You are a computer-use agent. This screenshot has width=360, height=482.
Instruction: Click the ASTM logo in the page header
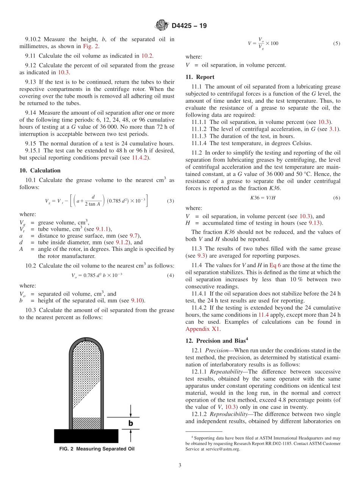point(162,26)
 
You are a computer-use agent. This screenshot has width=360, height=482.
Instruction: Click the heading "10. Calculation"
point(40,171)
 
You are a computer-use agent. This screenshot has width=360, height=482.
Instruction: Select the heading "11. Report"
point(200,77)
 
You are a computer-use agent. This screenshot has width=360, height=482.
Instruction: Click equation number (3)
point(171,201)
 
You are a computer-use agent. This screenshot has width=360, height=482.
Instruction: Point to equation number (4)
point(171,275)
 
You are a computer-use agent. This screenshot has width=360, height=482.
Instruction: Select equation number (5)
point(337,43)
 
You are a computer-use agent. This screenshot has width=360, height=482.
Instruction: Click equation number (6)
point(337,198)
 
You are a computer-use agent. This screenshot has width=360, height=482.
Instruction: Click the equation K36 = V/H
point(263,198)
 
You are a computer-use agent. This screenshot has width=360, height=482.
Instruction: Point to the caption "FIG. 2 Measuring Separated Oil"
point(97,449)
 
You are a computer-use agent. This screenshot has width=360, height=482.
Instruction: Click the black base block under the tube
point(86,436)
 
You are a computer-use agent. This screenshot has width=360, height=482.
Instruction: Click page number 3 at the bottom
point(180,466)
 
